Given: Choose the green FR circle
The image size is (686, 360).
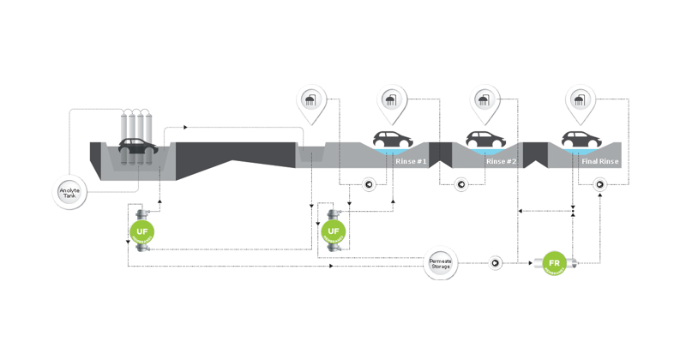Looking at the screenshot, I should [x=554, y=262].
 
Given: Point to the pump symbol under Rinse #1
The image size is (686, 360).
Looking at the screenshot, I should [x=368, y=183].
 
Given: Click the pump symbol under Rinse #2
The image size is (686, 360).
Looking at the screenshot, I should [x=460, y=183].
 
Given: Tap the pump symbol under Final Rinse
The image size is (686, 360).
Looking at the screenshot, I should [x=599, y=183].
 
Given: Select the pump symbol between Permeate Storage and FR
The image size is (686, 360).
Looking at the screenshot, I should [x=495, y=262].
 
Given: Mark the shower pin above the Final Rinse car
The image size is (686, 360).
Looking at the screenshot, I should [x=581, y=103].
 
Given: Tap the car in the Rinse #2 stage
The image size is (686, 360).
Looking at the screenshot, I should [x=486, y=139].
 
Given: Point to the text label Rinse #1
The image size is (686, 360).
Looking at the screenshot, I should [x=412, y=161].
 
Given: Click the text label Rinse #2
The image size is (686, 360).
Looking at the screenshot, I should [x=502, y=161].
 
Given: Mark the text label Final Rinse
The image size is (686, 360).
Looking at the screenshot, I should [x=600, y=161].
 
